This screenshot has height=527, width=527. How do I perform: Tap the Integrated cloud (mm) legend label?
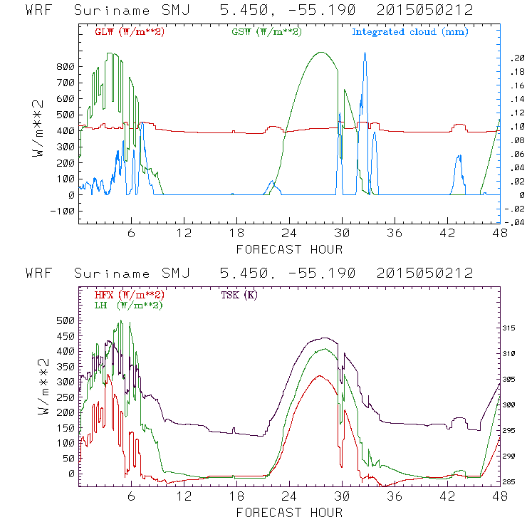pos(410,32)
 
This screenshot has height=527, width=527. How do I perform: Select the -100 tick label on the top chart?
pos(63,212)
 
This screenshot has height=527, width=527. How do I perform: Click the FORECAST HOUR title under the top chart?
pos(289,249)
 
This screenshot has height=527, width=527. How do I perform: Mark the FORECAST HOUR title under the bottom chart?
pos(289,513)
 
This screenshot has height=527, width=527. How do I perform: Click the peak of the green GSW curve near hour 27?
pos(321,52)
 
